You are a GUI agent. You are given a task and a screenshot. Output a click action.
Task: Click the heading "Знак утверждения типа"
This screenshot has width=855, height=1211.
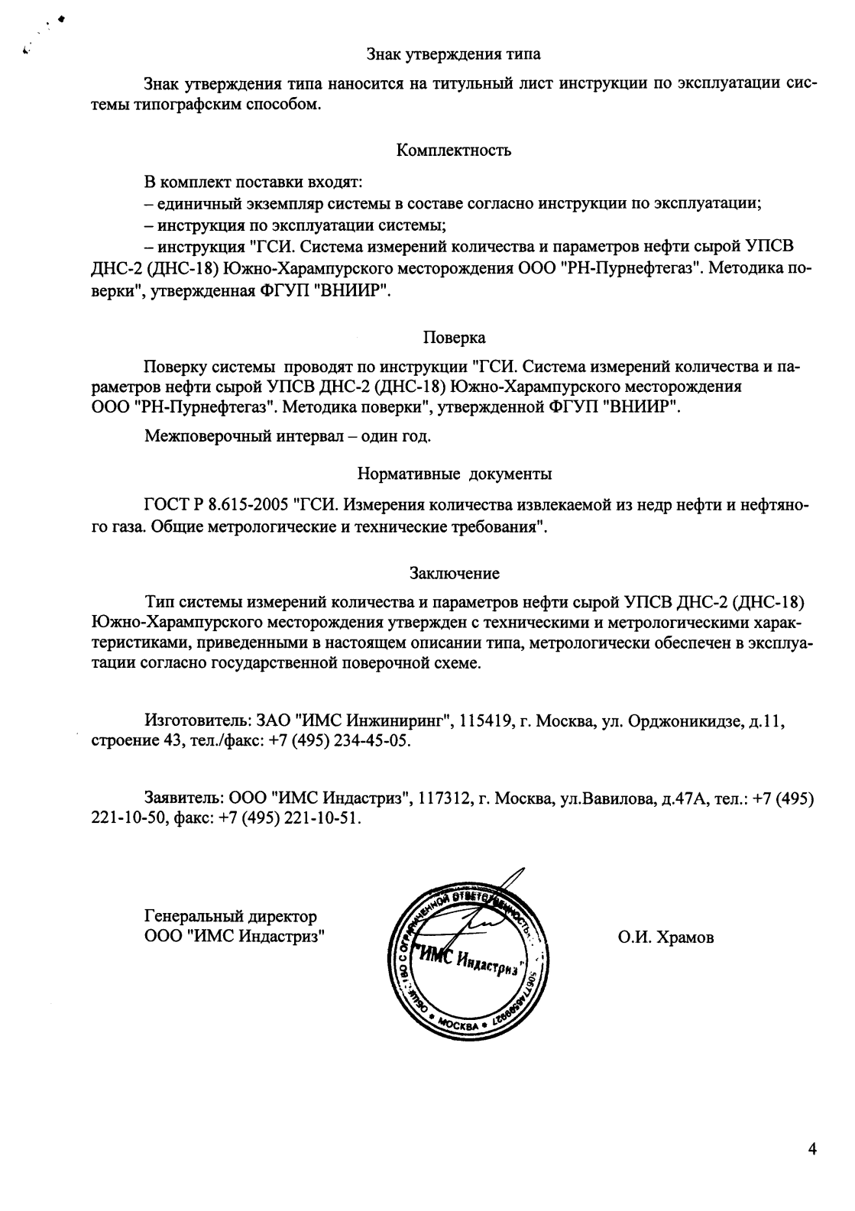(x=453, y=54)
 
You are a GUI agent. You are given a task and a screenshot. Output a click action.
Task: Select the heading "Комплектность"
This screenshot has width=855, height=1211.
(x=454, y=151)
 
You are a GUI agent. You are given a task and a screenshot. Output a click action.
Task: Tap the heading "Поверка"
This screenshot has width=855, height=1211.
(x=455, y=338)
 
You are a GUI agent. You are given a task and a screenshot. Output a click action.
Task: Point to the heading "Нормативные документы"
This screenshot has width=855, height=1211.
(x=455, y=474)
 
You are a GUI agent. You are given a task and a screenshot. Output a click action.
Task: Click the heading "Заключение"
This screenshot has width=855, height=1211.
(x=455, y=573)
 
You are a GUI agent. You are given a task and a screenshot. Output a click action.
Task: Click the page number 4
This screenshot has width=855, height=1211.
(x=812, y=1150)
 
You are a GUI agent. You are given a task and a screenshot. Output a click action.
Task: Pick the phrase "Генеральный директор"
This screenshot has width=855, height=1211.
(x=231, y=916)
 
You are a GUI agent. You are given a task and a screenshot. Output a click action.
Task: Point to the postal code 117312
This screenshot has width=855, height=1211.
(x=444, y=799)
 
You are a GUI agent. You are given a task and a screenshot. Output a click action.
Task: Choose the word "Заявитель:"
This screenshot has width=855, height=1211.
(x=183, y=799)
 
